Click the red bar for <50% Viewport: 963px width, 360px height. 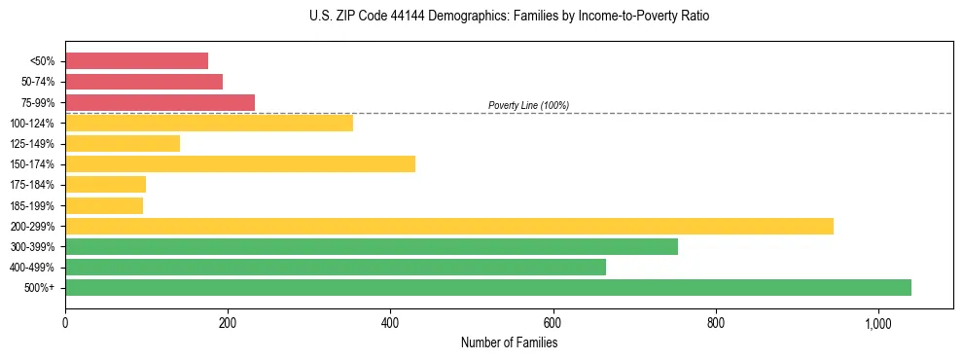coord(136,60)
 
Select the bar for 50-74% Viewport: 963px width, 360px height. coord(144,82)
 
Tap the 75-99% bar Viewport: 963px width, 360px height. coord(160,102)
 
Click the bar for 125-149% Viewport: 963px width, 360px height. coord(123,144)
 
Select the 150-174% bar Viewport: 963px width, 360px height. coord(240,164)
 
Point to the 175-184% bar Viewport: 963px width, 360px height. coord(105,185)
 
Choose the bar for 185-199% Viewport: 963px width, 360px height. coord(104,205)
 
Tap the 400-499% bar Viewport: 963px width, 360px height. coord(336,268)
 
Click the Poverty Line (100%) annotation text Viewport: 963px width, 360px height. coord(528,105)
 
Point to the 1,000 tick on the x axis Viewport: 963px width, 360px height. coord(878,324)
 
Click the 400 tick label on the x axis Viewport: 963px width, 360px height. coord(390,324)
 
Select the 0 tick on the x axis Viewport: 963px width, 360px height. coord(65,324)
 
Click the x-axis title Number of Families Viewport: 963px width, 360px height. coord(509,342)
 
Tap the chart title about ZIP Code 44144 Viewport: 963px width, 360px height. coord(509,17)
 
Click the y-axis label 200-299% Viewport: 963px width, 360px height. coord(32,227)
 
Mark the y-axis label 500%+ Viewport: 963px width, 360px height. coord(40,288)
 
